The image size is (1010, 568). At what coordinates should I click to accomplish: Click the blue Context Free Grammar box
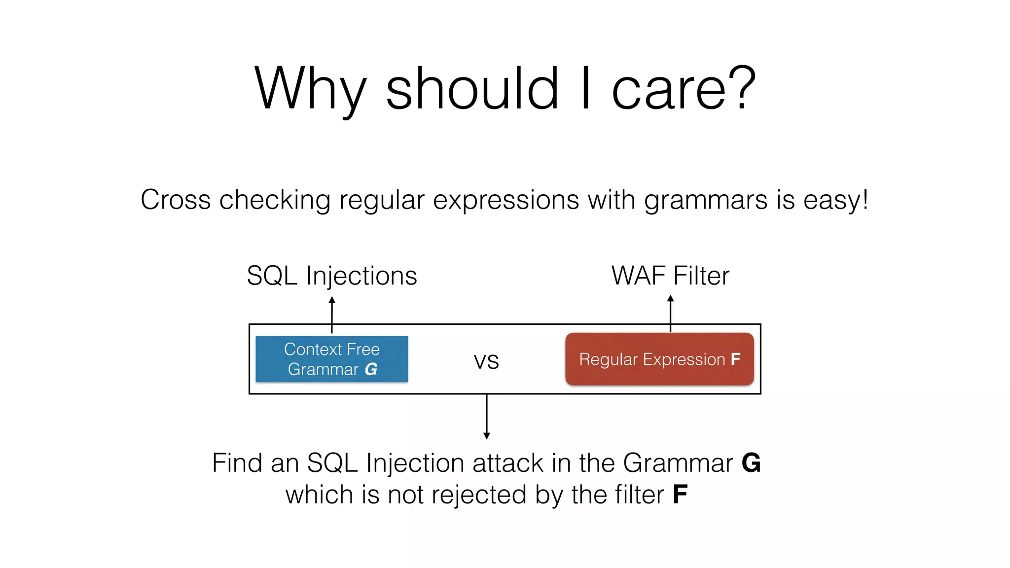331,359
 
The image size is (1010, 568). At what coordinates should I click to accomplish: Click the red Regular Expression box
659,359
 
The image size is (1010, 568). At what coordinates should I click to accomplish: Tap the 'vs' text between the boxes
486,361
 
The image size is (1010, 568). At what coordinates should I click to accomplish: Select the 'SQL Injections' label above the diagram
331,276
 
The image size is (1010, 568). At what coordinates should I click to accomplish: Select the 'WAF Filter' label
670,276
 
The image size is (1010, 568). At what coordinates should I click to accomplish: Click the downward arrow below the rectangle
487,417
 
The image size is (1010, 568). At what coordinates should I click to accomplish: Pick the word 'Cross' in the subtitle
176,200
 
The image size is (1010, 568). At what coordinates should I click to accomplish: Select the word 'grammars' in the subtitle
705,201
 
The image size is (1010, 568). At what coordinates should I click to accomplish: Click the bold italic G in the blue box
371,369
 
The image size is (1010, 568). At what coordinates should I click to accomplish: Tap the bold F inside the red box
735,359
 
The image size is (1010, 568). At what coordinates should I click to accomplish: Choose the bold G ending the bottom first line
751,463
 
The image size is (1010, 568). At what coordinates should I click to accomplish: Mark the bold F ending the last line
680,495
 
